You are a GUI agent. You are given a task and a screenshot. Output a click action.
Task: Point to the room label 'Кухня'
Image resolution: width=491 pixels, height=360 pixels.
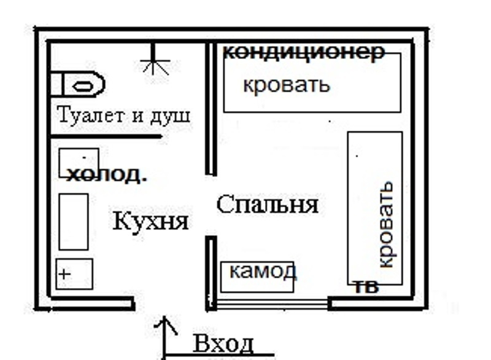point(150,221)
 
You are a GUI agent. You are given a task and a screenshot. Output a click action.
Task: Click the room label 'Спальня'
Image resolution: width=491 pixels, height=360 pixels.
point(268,205)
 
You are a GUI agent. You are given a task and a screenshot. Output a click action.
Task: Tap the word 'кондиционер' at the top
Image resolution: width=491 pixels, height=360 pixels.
point(303,52)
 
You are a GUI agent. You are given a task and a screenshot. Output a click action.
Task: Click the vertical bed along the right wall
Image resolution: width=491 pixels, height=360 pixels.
point(375,208)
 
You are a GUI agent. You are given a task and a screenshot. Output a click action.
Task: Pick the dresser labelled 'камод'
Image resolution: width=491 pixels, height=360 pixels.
point(257,276)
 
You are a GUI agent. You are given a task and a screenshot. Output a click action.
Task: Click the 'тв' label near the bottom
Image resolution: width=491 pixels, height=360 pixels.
point(366,288)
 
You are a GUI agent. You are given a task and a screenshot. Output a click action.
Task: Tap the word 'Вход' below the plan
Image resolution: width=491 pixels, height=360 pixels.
point(223,343)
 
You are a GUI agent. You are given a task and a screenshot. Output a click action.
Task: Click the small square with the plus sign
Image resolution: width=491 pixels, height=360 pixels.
point(74,274)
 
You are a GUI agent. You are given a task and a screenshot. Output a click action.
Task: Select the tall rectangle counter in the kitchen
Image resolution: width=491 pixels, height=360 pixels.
point(74,222)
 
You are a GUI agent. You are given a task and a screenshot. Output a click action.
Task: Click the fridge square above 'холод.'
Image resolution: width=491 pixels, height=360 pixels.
point(78,161)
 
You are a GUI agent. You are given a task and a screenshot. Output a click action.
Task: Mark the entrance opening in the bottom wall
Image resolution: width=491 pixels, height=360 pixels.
point(170,303)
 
